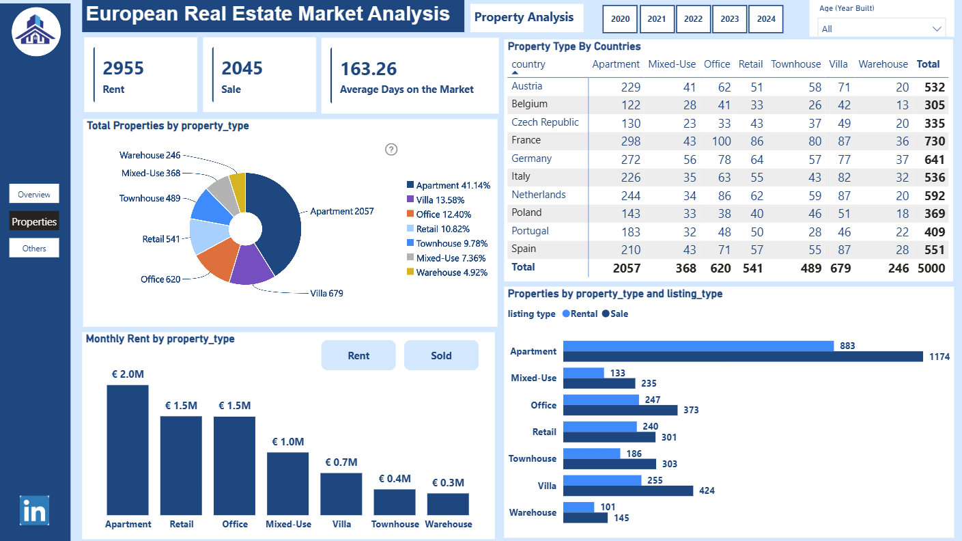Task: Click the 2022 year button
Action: pyautogui.click(x=693, y=19)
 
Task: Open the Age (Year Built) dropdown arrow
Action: pyautogui.click(x=937, y=29)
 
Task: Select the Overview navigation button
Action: pyautogui.click(x=34, y=194)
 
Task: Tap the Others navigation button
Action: pyautogui.click(x=34, y=249)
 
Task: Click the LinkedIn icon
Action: pyautogui.click(x=34, y=510)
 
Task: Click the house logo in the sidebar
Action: pyautogui.click(x=36, y=31)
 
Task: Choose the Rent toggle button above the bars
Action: pyautogui.click(x=358, y=355)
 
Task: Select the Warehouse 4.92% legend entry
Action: pyautogui.click(x=447, y=273)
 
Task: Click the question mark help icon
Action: pyautogui.click(x=391, y=150)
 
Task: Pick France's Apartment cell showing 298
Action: pyautogui.click(x=630, y=141)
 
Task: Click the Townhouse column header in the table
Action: pyautogui.click(x=796, y=64)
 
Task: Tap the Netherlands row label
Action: pyautogui.click(x=539, y=195)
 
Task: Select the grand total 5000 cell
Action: pyautogui.click(x=931, y=268)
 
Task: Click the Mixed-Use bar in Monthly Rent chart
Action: pyautogui.click(x=287, y=484)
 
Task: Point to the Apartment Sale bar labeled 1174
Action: pyautogui.click(x=743, y=356)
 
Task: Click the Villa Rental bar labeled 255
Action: pyautogui.click(x=602, y=480)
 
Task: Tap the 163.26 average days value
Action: pyautogui.click(x=369, y=69)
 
